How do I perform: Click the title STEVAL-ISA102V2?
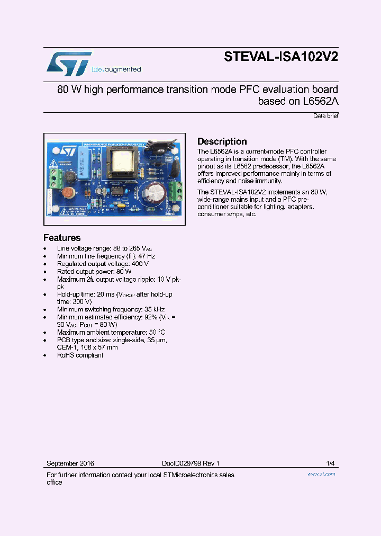(x=280, y=57)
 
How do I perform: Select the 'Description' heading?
(x=222, y=141)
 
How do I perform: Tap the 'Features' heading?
(x=62, y=238)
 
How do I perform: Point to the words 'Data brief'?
(x=325, y=115)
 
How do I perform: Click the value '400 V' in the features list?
(x=140, y=264)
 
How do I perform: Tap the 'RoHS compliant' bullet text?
(x=80, y=355)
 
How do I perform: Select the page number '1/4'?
(x=330, y=463)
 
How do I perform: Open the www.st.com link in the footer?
(x=321, y=474)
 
